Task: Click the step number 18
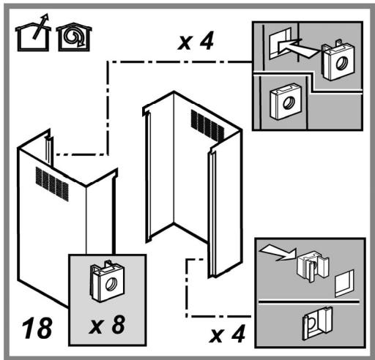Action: click(x=37, y=328)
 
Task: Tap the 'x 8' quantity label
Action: click(x=108, y=324)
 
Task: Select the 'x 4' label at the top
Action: click(x=196, y=40)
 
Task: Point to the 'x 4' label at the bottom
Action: click(x=227, y=334)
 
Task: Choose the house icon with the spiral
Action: click(x=74, y=37)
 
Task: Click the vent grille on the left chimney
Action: click(x=52, y=184)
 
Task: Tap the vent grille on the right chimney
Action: click(x=207, y=126)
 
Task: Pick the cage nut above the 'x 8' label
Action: click(x=108, y=281)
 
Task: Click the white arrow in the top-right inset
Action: click(x=297, y=48)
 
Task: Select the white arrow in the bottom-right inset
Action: click(x=278, y=252)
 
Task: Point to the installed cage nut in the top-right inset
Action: click(x=286, y=102)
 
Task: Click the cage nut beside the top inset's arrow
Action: click(x=338, y=60)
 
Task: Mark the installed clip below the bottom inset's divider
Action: click(x=317, y=323)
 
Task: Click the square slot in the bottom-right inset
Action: click(x=344, y=283)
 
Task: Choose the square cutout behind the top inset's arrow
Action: click(x=281, y=43)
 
